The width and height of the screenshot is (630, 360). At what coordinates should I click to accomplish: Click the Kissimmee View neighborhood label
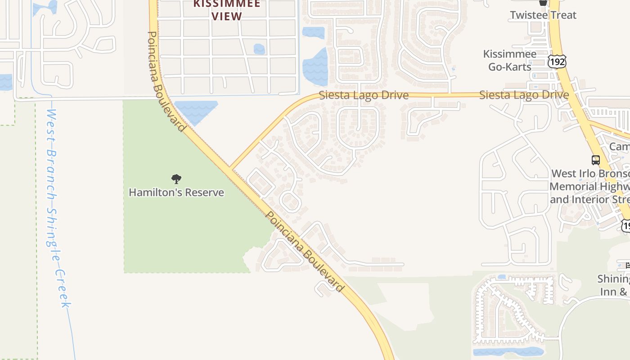coord(227,10)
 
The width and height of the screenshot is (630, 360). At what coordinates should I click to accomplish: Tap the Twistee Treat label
coord(543,15)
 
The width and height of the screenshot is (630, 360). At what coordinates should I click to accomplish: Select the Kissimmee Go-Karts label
coord(510,60)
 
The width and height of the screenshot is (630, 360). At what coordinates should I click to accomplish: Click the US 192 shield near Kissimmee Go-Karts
coord(557,61)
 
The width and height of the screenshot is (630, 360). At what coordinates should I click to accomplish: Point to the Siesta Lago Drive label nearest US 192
coord(524,95)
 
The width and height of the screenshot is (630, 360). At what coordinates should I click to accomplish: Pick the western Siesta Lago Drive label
coord(364,95)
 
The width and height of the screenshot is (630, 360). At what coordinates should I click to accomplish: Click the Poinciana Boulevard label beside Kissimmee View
coord(166,81)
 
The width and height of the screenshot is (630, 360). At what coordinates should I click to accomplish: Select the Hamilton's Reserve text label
coord(176,193)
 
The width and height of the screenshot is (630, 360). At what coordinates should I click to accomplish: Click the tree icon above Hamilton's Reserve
coord(176,179)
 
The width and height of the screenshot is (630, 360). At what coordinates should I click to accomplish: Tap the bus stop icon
coord(595,160)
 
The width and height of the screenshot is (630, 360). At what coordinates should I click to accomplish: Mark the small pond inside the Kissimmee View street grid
coord(259,49)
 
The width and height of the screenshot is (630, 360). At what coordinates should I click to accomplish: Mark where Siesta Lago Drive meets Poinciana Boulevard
coord(230,168)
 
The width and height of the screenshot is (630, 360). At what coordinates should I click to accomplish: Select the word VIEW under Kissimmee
coord(227,16)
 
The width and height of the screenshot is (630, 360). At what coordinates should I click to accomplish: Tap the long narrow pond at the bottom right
coord(508,351)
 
